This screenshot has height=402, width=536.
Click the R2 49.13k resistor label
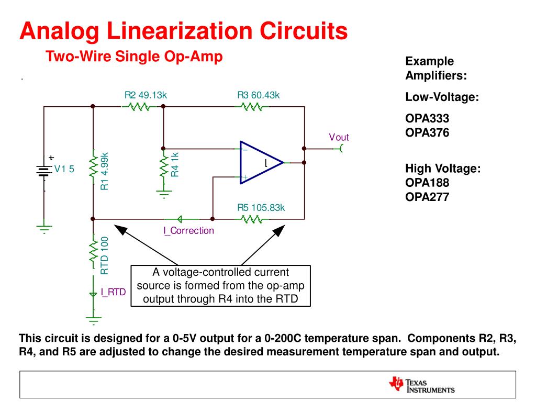[146, 95]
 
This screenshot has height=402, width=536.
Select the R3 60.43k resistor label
[259, 95]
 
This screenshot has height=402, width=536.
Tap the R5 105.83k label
[261, 207]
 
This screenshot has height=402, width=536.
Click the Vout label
[339, 137]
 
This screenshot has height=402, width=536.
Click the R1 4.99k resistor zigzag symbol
[93, 166]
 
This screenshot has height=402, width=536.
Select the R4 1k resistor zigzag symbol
[164, 166]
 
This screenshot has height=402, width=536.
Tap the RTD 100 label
[105, 255]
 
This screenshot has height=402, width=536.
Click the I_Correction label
[188, 230]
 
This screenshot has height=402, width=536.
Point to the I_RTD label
[114, 292]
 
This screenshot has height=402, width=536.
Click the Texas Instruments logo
[422, 385]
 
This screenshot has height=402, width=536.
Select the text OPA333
[427, 118]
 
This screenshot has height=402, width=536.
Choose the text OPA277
[427, 197]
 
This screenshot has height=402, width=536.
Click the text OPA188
[427, 183]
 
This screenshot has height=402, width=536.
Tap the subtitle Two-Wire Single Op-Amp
[135, 57]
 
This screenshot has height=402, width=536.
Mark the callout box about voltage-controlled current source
[220, 286]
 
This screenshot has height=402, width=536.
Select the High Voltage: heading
[443, 169]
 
